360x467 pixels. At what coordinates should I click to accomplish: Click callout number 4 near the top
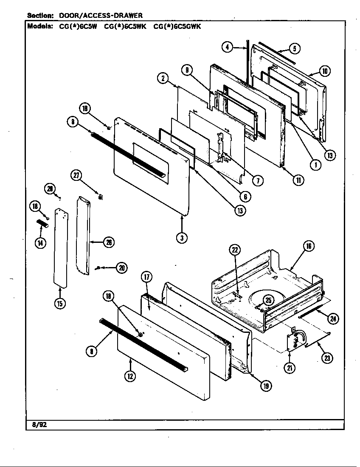[x=228, y=47]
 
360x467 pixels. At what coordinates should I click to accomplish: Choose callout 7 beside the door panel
[x=257, y=180]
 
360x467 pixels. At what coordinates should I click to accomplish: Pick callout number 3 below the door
[x=181, y=238]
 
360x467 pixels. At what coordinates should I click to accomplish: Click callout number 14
[x=40, y=244]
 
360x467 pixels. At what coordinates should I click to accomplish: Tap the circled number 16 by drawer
[x=309, y=246]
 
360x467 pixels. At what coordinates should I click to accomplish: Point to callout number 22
[x=235, y=250]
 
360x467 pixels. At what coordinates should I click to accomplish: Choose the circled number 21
[x=290, y=368]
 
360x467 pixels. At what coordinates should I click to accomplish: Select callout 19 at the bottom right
[x=266, y=385]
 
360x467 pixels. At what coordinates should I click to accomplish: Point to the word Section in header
[x=40, y=16]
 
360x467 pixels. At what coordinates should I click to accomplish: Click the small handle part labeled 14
[x=42, y=223]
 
